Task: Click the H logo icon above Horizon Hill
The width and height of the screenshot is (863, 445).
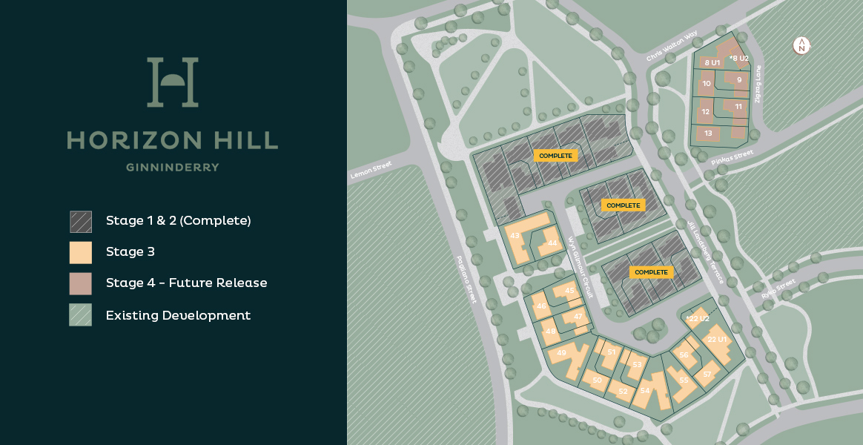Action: tap(172, 82)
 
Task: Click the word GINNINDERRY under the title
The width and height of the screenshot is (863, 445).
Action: tap(172, 168)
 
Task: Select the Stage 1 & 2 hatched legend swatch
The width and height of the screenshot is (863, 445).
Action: tap(81, 222)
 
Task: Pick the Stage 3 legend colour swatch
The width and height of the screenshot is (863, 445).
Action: tap(81, 253)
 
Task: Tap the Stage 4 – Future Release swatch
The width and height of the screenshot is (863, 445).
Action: tap(81, 284)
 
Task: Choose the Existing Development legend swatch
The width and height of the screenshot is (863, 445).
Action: tap(81, 315)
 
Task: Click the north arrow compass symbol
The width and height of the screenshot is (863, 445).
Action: tap(801, 45)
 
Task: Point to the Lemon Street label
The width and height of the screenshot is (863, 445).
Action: tap(371, 170)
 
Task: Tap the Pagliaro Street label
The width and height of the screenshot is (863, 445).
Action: tap(466, 279)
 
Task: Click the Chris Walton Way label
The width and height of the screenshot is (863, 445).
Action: tap(672, 46)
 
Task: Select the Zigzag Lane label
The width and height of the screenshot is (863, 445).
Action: tap(758, 84)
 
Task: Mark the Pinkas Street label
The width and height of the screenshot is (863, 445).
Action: tap(732, 157)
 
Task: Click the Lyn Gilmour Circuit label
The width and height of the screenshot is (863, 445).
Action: tap(581, 267)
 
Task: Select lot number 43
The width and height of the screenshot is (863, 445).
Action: tap(515, 236)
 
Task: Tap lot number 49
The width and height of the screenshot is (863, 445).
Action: tap(561, 353)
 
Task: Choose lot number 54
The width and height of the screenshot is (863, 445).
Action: tap(645, 391)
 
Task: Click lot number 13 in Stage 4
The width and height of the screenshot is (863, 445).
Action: tap(708, 133)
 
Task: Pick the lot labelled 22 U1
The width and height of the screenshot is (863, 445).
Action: tap(717, 340)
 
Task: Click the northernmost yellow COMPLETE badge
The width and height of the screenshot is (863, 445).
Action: tap(555, 156)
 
